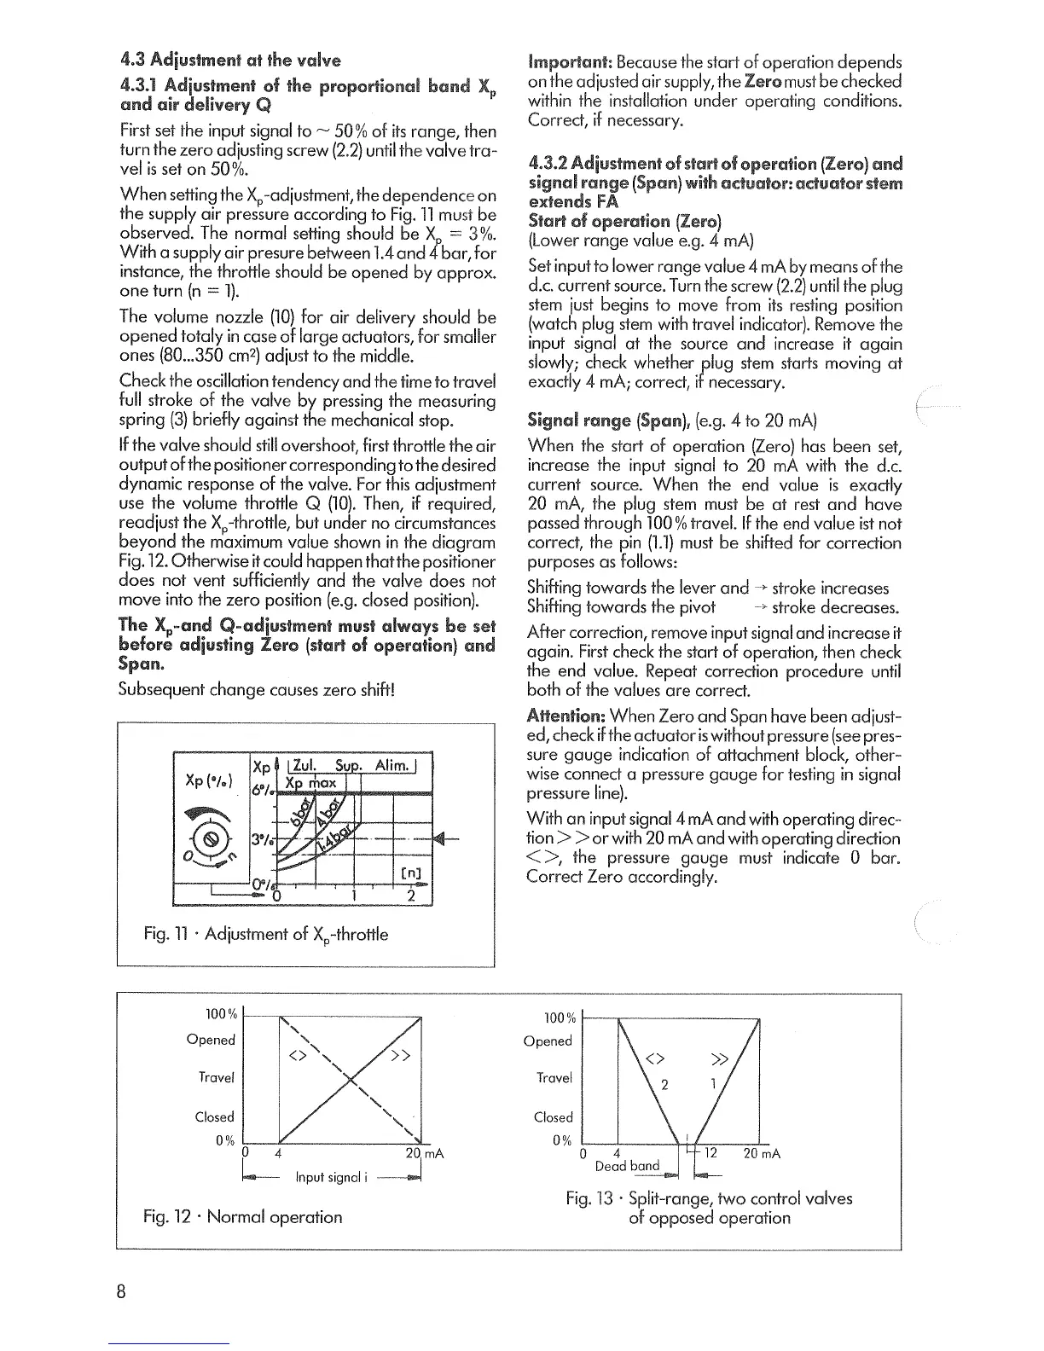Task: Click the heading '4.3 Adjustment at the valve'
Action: click(x=230, y=61)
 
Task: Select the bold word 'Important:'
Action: click(x=569, y=63)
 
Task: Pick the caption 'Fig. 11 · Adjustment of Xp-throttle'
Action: click(x=265, y=935)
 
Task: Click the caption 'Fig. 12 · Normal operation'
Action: click(x=242, y=1217)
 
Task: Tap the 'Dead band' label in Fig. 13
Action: click(x=627, y=1166)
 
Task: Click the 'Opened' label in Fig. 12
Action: click(x=211, y=1040)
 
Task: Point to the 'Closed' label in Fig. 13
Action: click(x=553, y=1117)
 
